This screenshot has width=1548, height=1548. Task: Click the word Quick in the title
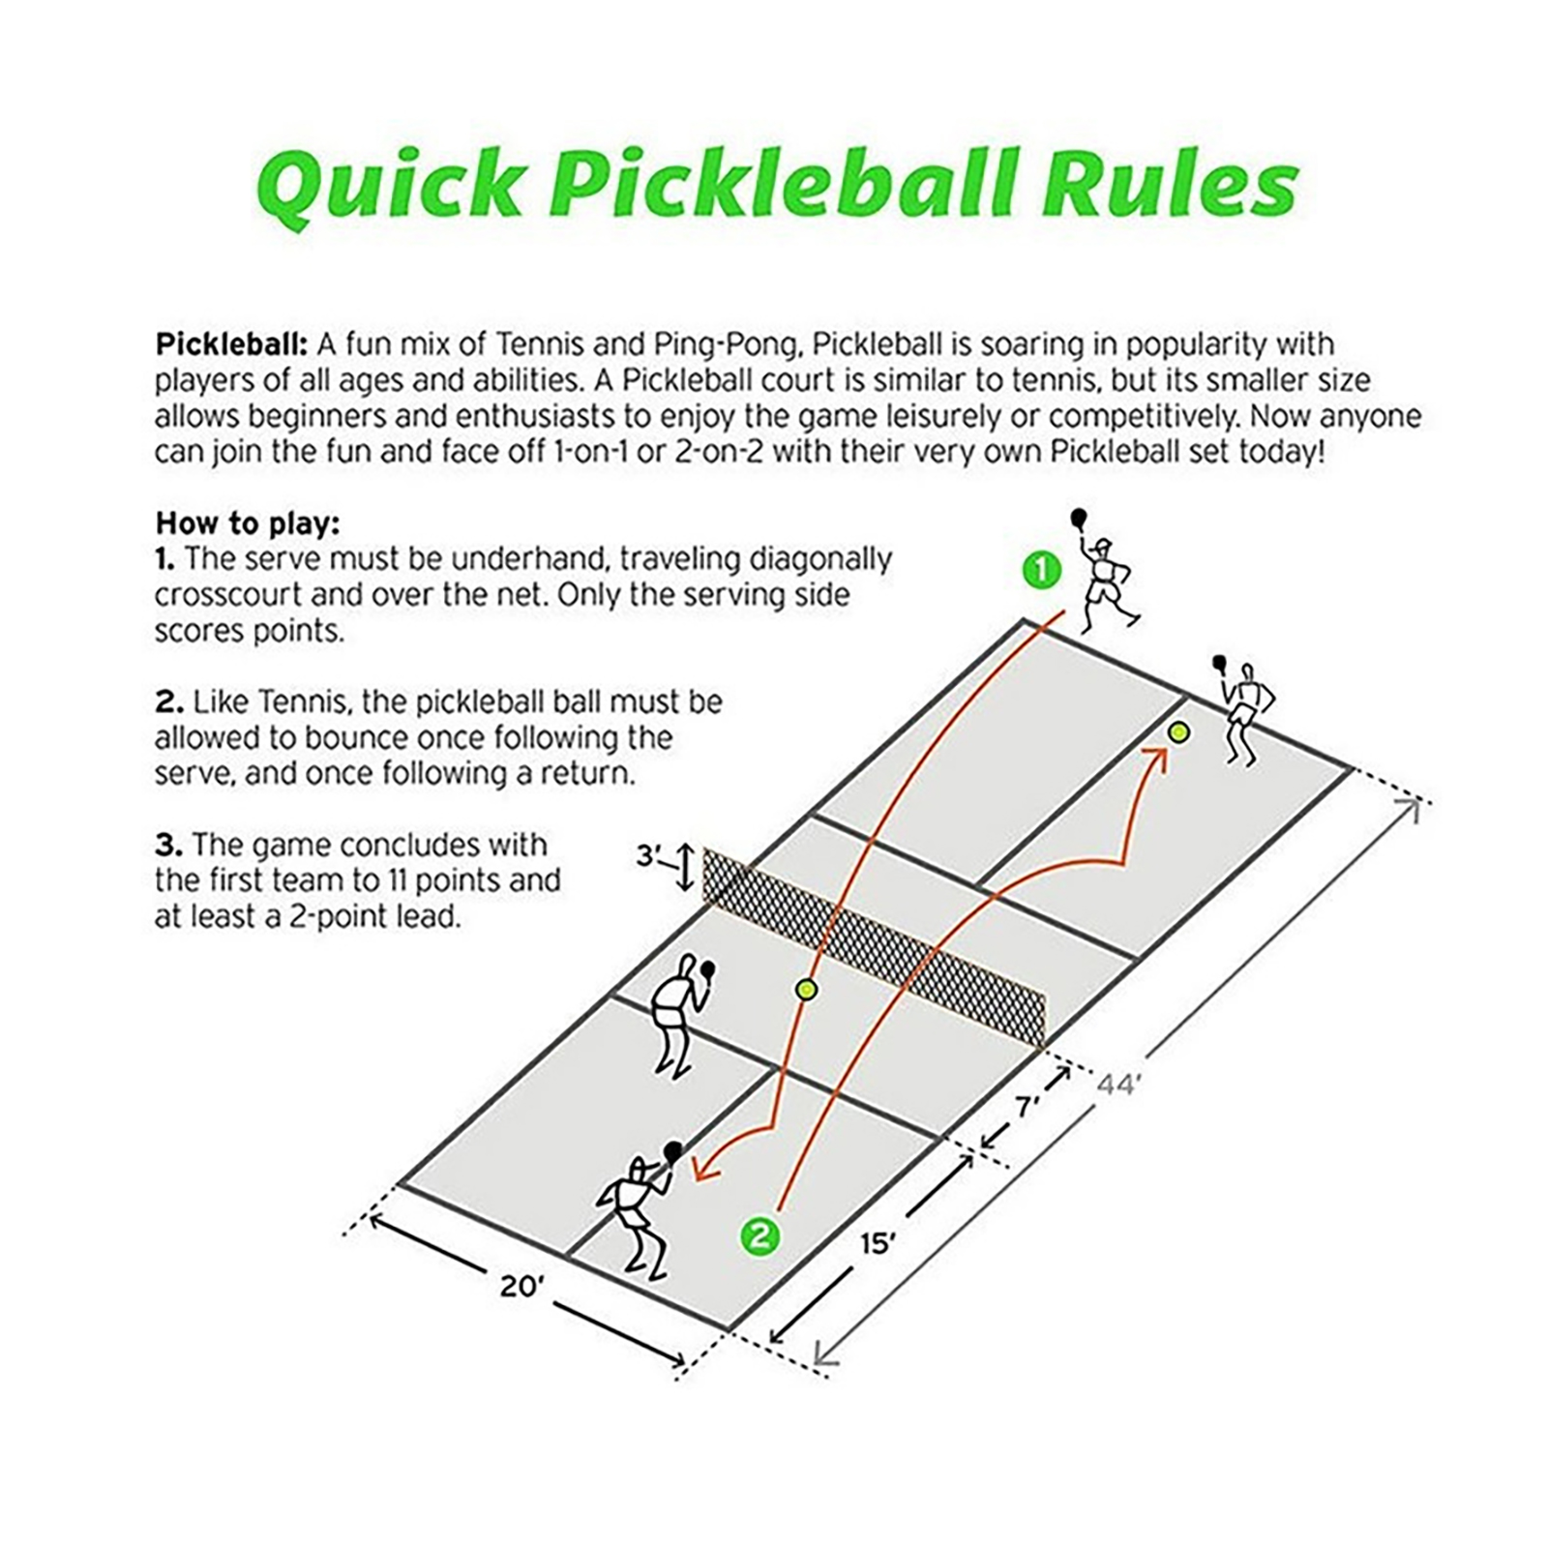coord(390,184)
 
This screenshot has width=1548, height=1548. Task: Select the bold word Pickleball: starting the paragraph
coord(231,344)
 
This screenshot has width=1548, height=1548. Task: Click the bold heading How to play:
coord(248,523)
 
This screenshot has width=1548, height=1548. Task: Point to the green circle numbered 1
coord(1042,570)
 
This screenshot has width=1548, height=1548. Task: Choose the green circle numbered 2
coord(759,1235)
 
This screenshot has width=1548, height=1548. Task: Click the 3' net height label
coord(648,856)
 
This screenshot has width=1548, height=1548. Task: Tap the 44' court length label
coord(1116,1085)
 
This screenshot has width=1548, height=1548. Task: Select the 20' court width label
coord(522,1286)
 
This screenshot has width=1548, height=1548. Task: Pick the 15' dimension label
coord(878,1242)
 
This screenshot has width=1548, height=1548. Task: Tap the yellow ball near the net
coord(806,990)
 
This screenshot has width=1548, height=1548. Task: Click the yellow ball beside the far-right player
coord(1177,732)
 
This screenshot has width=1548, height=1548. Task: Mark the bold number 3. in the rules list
coord(168,845)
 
